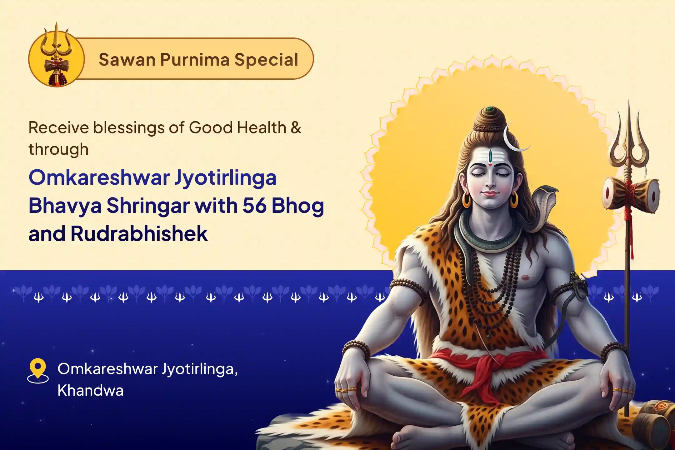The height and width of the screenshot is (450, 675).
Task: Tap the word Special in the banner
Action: pos(266,59)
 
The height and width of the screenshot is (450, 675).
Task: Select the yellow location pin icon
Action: pos(38,369)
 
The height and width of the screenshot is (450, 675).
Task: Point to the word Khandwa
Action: pos(90,390)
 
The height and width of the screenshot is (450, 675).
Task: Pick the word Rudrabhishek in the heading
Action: pos(139,233)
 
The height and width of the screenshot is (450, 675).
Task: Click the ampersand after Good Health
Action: pos(296,127)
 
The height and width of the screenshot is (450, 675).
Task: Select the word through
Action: pos(58,149)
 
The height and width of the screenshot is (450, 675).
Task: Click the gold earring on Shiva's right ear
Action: pos(466,200)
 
